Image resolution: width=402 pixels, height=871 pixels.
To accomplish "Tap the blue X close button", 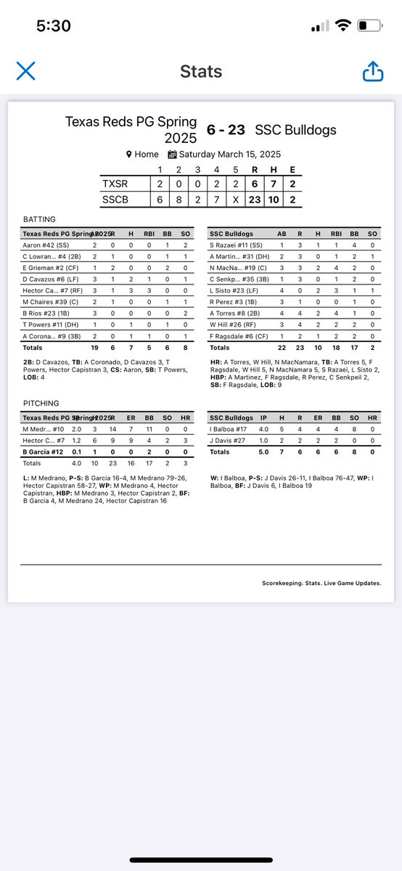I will [26, 70].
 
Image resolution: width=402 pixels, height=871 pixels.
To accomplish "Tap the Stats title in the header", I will [200, 71].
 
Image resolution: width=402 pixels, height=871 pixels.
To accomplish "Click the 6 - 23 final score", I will [226, 130].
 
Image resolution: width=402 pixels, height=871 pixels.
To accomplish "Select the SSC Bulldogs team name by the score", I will [295, 130].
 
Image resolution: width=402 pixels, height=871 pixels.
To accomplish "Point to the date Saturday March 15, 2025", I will [229, 154].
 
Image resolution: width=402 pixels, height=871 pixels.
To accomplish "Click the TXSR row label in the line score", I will [115, 184].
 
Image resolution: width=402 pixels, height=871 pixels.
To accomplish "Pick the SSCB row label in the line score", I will [116, 200].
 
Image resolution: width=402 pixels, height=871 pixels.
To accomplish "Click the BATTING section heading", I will [38, 218].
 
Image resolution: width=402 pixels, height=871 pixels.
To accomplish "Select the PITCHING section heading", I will [41, 403].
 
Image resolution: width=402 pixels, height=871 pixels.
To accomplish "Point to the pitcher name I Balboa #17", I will [230, 429].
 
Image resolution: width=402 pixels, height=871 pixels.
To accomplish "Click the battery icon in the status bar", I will [369, 26].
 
